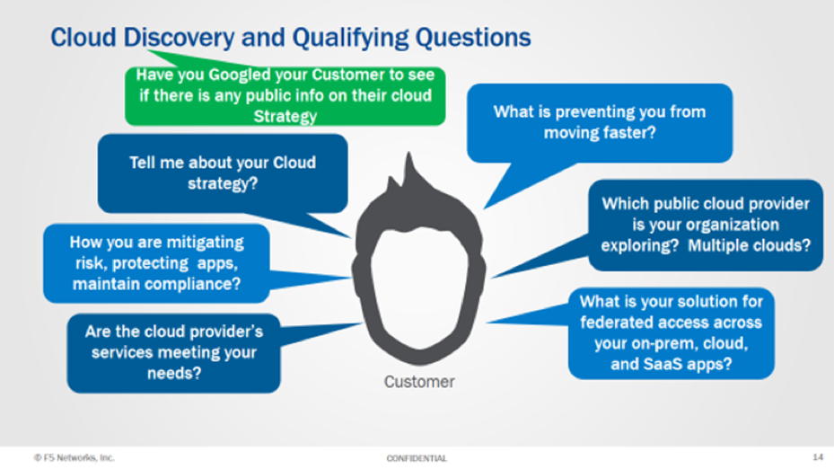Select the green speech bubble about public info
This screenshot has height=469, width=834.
[x=285, y=95]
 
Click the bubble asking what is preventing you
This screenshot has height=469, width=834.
[x=599, y=122]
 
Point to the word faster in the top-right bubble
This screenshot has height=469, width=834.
[x=631, y=133]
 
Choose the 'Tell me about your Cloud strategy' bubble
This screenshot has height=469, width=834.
[x=223, y=173]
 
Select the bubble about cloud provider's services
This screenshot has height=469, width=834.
[x=173, y=351]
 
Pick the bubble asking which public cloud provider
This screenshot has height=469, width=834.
[x=705, y=224]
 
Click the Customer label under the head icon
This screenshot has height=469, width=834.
[x=419, y=382]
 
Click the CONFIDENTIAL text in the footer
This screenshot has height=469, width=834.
[x=417, y=458]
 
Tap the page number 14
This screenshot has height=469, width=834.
[x=817, y=457]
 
